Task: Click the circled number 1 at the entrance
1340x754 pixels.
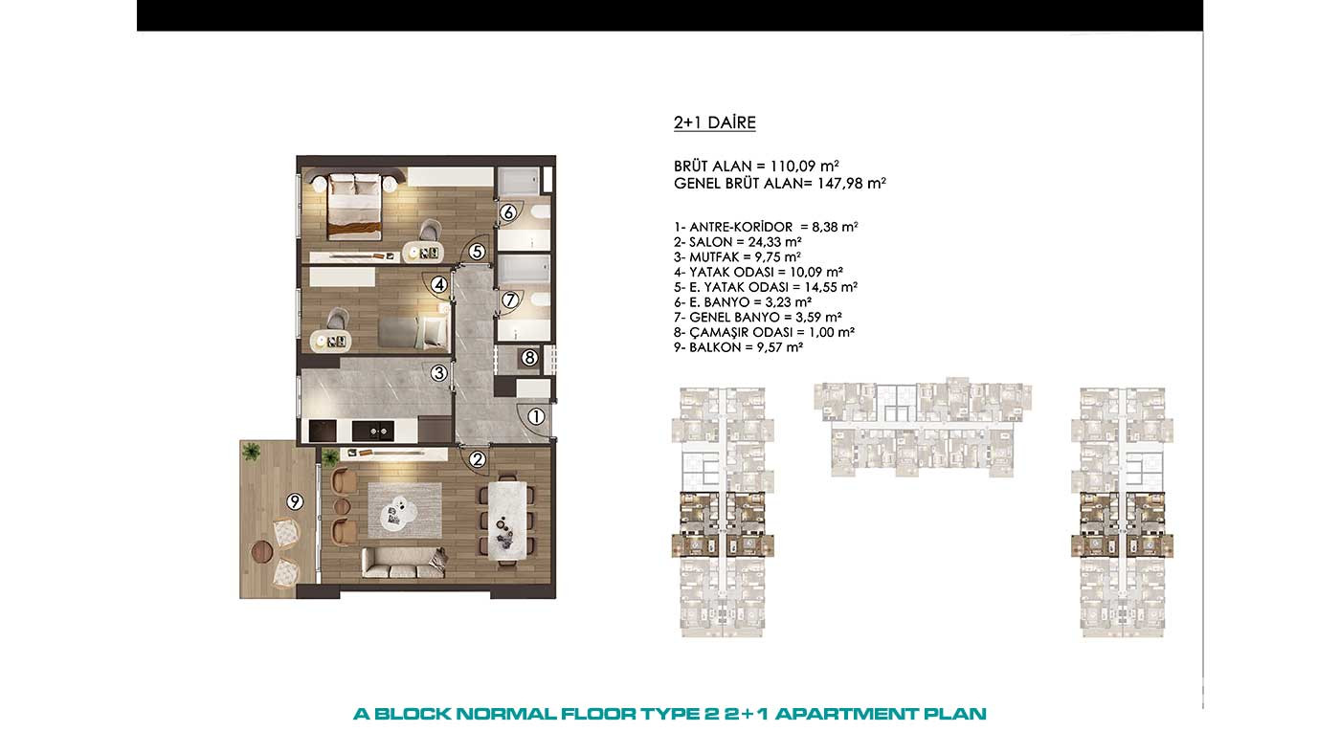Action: tap(536, 416)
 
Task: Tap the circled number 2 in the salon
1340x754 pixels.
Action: tap(477, 459)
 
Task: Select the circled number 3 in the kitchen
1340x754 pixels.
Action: tap(439, 373)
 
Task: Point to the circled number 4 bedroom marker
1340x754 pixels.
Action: tap(439, 284)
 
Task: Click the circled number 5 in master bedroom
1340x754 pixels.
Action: tap(477, 252)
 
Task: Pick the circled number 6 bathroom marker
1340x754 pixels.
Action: tap(508, 212)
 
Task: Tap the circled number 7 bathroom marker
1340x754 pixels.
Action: tap(509, 299)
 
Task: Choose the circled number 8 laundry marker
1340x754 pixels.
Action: tap(529, 358)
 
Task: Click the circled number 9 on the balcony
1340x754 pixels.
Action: tap(295, 501)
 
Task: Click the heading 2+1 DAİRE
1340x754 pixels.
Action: tap(714, 122)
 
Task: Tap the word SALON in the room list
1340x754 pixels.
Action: tap(710, 242)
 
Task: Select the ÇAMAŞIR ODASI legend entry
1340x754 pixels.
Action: tap(764, 332)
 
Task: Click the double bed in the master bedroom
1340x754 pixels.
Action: tap(354, 206)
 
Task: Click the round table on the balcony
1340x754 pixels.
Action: tap(262, 551)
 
